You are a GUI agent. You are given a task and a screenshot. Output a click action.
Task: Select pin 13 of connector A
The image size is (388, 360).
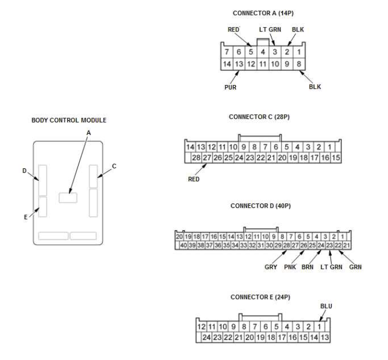(x=239, y=64)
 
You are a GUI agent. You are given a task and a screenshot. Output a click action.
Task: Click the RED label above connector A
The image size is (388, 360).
(x=232, y=30)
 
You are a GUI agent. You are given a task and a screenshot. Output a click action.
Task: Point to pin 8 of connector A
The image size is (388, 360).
(x=300, y=64)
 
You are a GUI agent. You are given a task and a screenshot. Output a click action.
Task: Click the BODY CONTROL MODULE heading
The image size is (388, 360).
(x=68, y=119)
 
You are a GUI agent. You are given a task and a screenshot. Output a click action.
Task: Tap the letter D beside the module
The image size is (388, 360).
(x=24, y=171)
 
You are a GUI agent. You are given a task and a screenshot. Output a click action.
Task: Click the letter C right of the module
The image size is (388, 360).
(x=114, y=166)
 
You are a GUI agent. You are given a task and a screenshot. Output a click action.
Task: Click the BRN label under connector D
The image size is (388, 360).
(x=308, y=266)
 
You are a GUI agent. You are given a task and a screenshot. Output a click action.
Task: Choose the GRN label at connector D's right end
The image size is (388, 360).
(x=355, y=266)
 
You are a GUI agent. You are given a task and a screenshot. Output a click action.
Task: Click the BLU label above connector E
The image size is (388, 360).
(x=326, y=306)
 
